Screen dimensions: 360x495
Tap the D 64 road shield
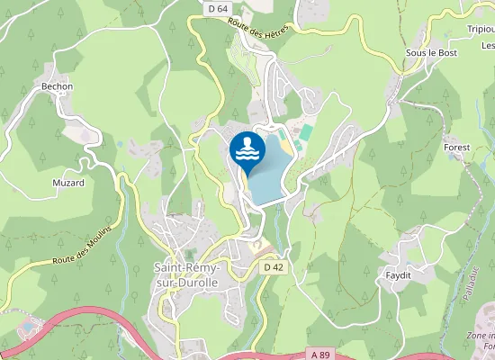[216, 8]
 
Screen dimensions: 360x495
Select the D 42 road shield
[274, 267]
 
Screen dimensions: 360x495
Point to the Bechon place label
[58, 86]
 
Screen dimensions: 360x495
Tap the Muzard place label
[68, 183]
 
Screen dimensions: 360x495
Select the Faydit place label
[398, 274]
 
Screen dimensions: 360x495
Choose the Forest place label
[457, 147]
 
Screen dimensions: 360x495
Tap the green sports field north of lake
[305, 132]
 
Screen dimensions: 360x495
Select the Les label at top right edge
[488, 45]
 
